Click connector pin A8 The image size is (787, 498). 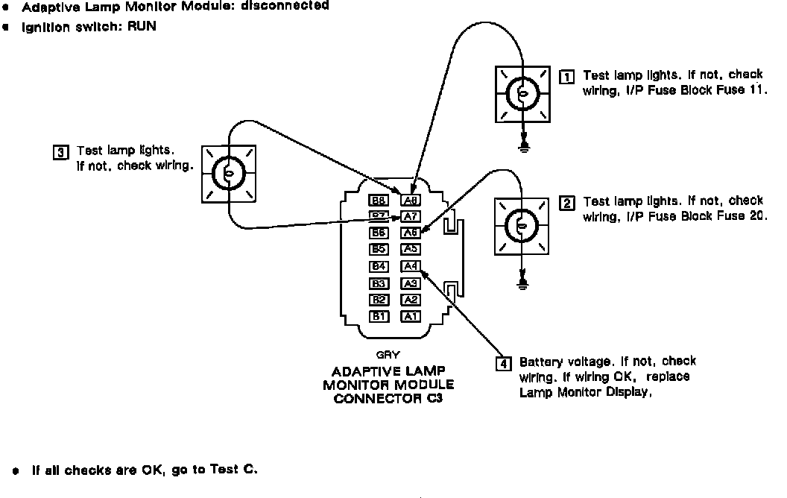[411, 200]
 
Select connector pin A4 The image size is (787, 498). [411, 266]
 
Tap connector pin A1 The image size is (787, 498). [411, 316]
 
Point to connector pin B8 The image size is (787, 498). [379, 200]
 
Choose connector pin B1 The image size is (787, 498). [379, 316]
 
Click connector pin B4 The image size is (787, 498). [379, 266]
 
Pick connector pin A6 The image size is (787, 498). [411, 233]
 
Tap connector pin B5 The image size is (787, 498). [379, 249]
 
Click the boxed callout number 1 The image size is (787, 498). [566, 76]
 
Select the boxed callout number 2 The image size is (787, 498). [566, 203]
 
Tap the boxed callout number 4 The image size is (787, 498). [504, 364]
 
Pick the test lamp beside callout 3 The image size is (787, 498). [229, 173]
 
